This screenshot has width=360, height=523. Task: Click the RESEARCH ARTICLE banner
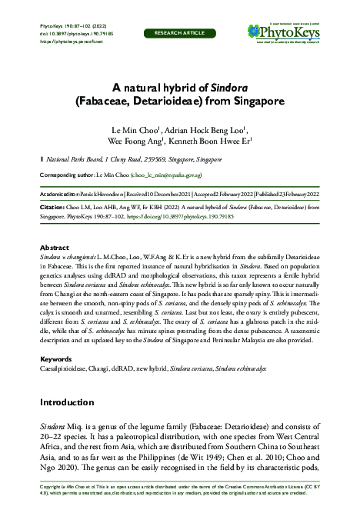tap(179, 34)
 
